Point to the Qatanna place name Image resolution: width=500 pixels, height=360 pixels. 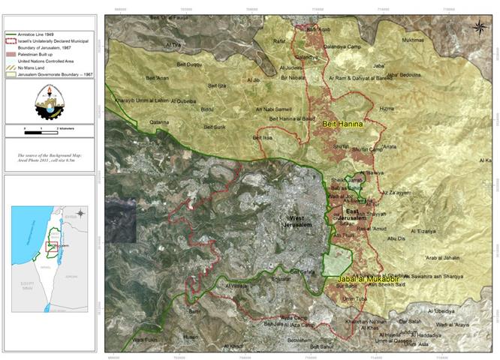(x=159, y=121)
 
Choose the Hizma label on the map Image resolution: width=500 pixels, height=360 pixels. (x=386, y=109)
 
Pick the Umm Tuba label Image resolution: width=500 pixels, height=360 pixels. (x=352, y=298)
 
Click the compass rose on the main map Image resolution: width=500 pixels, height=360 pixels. (x=478, y=28)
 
